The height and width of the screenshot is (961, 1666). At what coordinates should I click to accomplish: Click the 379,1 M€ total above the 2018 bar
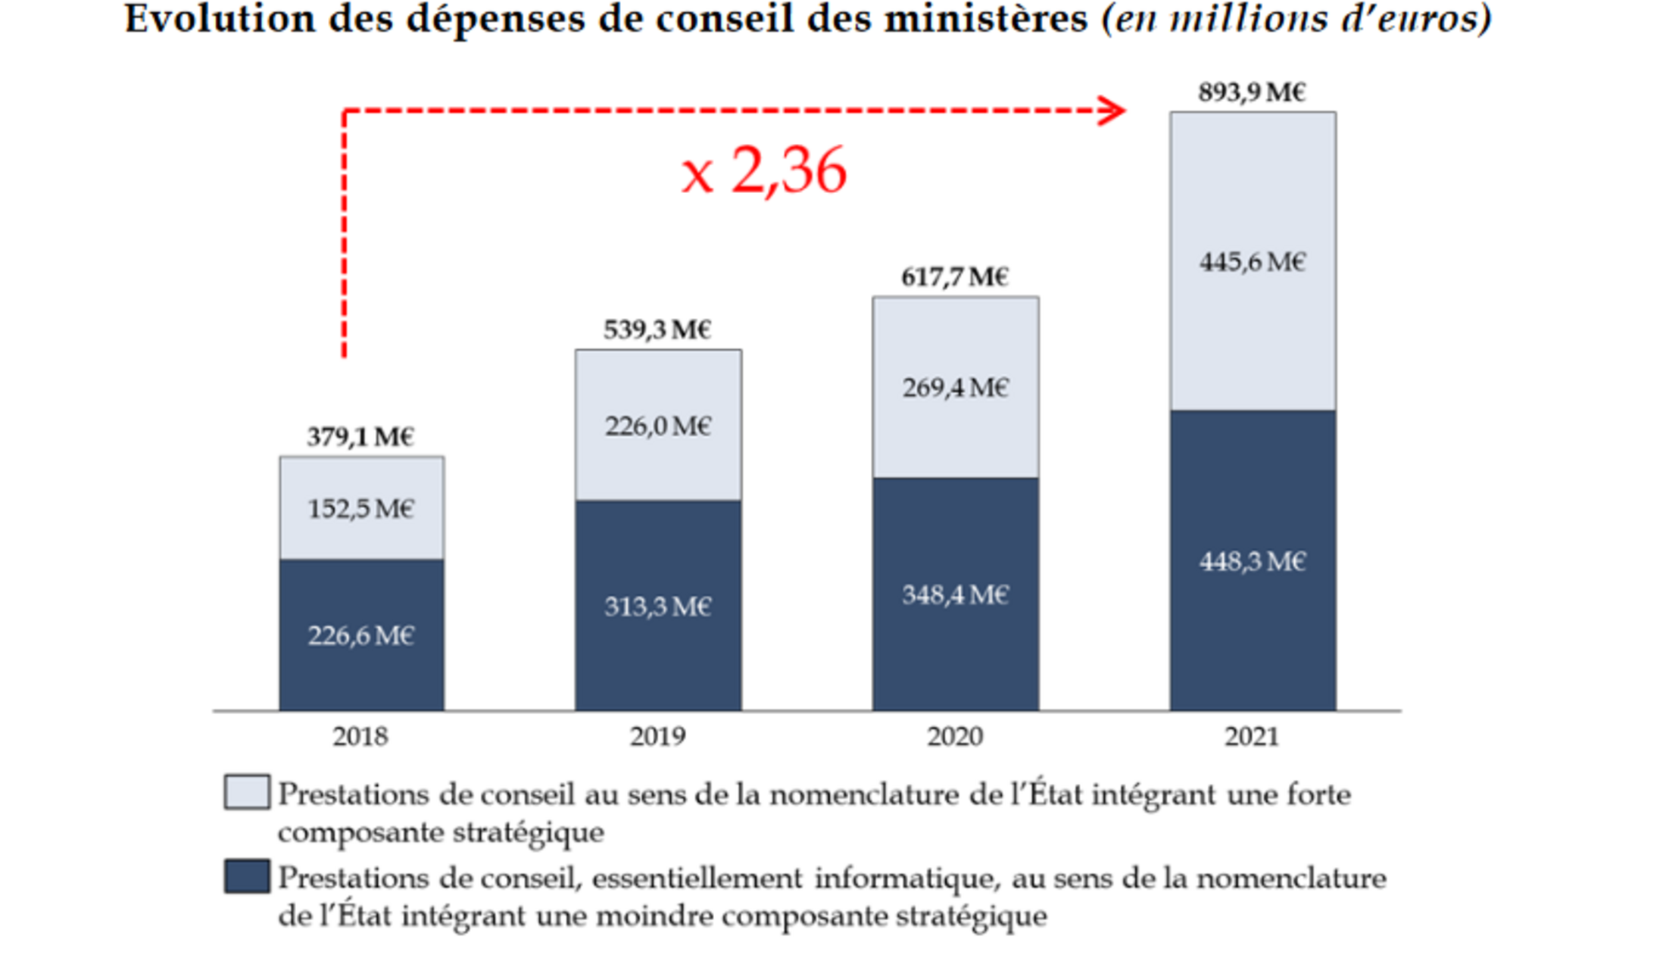coord(360,437)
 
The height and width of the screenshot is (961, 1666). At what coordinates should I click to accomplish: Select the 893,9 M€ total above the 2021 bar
coord(1252,92)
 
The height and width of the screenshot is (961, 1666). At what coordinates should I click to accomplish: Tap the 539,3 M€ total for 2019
coord(657,330)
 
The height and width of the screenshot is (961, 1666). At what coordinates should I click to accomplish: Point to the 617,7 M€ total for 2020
coord(955,277)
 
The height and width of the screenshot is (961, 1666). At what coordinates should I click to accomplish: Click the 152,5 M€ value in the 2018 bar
coord(360,508)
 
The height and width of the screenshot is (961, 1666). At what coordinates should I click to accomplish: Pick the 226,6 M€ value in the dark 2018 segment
coord(360,635)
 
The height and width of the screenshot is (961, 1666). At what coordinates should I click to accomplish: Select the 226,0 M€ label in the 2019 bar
coord(657,426)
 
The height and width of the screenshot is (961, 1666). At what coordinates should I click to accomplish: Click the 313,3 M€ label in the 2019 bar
coord(657,607)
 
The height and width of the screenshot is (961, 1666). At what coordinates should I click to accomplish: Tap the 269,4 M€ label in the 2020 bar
coord(955,388)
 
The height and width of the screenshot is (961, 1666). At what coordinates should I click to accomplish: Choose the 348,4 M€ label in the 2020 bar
coord(955,595)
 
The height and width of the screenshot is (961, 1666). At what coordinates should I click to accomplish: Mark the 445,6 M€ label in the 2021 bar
coord(1253,262)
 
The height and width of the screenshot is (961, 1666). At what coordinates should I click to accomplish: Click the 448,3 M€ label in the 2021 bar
coord(1253,561)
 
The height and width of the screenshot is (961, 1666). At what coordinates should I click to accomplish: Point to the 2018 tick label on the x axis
coord(360,736)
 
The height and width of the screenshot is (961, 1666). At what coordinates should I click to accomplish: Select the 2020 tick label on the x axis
coord(955,736)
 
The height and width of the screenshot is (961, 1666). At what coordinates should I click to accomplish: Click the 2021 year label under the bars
coord(1252,736)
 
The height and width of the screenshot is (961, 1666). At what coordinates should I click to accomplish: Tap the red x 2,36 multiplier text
coord(763,171)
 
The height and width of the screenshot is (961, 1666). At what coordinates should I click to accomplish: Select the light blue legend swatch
coord(247,792)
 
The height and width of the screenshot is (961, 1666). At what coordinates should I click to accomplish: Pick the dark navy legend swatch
coord(247,876)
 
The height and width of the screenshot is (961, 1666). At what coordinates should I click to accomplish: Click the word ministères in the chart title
coord(986,18)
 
